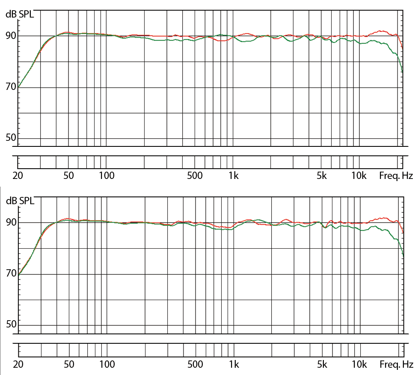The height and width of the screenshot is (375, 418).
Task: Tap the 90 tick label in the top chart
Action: point(10,36)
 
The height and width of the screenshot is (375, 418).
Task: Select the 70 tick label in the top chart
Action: point(10,87)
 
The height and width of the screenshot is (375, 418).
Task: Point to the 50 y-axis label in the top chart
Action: point(10,138)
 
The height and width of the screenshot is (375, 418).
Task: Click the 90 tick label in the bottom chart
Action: point(10,223)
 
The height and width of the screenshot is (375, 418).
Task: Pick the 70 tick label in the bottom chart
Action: point(10,273)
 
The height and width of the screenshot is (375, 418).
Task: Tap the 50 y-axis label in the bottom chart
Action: point(10,324)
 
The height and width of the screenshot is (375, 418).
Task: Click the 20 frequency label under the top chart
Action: point(18,176)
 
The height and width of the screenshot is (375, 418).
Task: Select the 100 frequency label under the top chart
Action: point(107,176)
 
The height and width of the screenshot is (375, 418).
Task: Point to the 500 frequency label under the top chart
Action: point(195,176)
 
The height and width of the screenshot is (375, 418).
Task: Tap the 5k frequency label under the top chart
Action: point(321,176)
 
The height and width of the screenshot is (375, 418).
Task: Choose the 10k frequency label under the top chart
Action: point(359,176)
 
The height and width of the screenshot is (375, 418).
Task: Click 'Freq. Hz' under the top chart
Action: point(396,176)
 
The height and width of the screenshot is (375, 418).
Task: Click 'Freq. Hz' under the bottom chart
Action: point(396,365)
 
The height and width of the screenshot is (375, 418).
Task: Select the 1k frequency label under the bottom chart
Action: point(234,365)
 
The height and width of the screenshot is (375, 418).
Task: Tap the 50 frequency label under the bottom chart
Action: point(69,365)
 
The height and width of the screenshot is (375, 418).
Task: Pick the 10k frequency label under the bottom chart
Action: point(359,365)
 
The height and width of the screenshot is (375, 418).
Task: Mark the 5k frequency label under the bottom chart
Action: point(322,365)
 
